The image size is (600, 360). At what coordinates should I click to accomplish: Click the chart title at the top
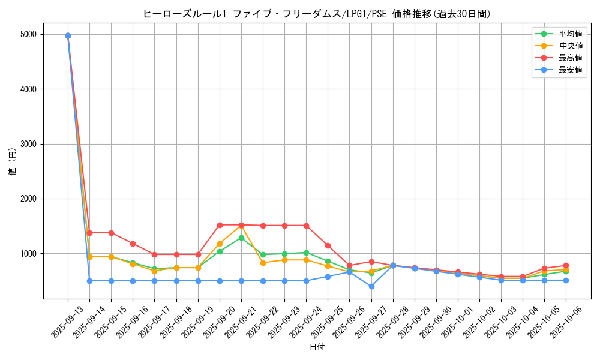317,14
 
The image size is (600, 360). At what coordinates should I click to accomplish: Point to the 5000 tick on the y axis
28,35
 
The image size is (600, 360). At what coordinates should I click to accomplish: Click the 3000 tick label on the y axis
28,144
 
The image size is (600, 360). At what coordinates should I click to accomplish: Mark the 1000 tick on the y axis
28,254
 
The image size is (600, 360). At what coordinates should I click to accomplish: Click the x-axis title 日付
317,347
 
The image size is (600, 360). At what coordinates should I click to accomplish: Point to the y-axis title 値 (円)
13,162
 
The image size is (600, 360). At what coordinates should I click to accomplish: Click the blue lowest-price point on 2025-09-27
371,286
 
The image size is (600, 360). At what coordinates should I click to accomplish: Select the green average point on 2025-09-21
241,238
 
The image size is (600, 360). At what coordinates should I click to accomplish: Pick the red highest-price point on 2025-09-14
89,233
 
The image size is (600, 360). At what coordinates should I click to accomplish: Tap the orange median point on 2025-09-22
263,263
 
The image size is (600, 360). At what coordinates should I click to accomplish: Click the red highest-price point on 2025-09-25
328,245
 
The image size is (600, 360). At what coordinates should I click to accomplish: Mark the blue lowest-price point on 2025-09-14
89,281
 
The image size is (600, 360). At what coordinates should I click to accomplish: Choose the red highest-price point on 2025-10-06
566,265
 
